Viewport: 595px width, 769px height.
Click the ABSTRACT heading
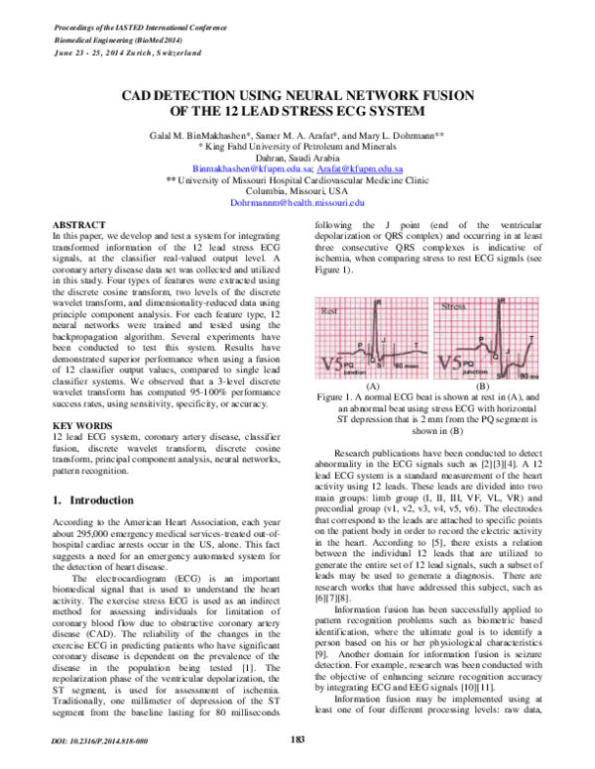tap(78, 227)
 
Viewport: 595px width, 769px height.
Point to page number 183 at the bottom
tap(297, 738)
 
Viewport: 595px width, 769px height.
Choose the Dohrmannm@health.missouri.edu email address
tap(297, 201)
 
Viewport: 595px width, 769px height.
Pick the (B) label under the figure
tap(483, 384)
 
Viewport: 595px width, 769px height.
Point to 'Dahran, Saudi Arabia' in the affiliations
tap(297, 159)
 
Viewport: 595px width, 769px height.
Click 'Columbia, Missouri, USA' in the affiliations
tap(297, 191)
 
